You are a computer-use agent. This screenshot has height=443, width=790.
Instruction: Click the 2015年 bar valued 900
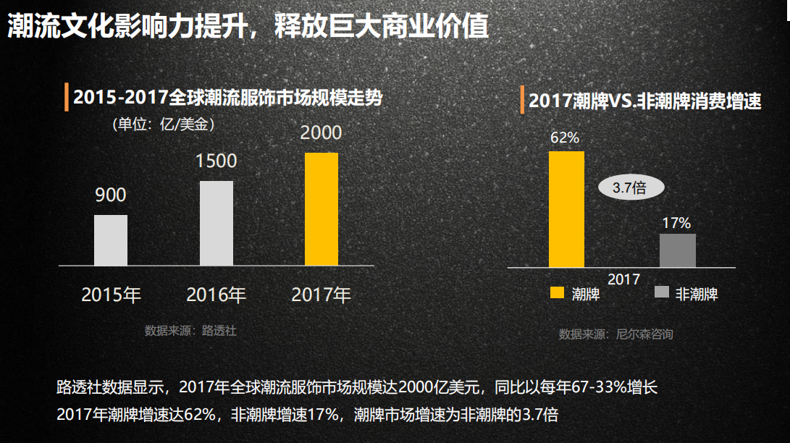(x=111, y=240)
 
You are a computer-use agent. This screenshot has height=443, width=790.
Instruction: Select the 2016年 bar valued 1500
(x=217, y=223)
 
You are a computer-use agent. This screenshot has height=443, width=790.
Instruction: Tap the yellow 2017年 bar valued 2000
(x=322, y=209)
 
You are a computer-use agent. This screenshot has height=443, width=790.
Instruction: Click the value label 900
(x=110, y=195)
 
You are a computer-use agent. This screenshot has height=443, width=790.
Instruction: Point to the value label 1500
(x=217, y=161)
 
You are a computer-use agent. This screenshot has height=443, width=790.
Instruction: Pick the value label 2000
(x=321, y=133)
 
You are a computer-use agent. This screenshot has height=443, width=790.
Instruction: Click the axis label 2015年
(x=112, y=295)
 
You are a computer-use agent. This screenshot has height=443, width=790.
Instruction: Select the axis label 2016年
(x=217, y=295)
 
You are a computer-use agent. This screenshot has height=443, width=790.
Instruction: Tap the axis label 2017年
(x=321, y=295)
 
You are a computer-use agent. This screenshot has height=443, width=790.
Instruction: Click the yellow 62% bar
(x=566, y=209)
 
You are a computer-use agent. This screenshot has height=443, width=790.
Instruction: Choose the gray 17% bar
(x=677, y=250)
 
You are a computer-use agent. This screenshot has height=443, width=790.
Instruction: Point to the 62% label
(x=565, y=138)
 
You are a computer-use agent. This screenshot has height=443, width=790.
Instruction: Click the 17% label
(x=676, y=223)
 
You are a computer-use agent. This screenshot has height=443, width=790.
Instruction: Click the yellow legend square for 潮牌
(x=557, y=292)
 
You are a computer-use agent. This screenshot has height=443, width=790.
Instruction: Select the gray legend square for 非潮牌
(x=661, y=292)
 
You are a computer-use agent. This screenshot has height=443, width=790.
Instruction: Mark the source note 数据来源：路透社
(x=190, y=331)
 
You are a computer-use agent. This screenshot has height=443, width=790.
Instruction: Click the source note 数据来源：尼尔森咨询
(x=615, y=334)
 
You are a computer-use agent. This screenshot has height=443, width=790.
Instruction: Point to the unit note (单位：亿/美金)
(x=163, y=125)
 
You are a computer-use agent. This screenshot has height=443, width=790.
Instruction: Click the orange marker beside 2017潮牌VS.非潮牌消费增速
(x=521, y=100)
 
